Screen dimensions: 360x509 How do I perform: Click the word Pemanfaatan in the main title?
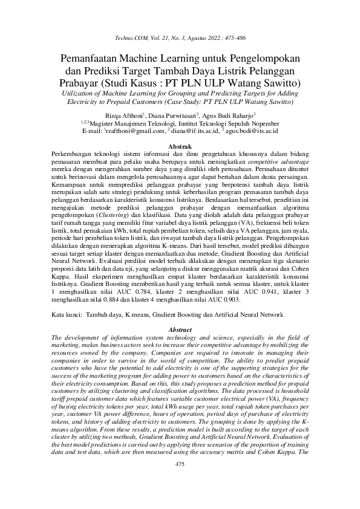(x=90, y=59)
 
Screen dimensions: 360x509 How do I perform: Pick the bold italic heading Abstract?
(x=180, y=329)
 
